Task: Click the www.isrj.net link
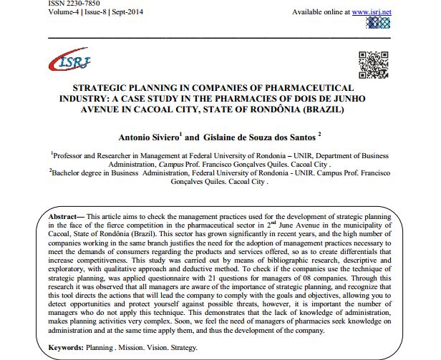pos(371,12)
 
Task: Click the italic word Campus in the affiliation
pos(168,162)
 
